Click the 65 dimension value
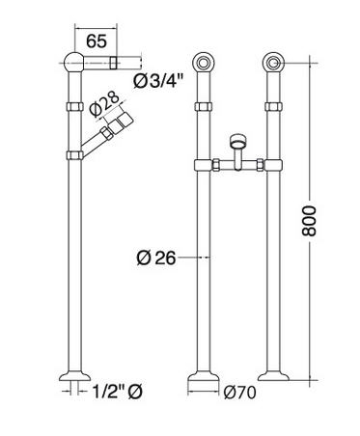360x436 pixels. (x=97, y=41)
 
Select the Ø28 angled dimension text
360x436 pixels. (x=104, y=104)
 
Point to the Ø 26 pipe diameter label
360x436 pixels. (x=156, y=258)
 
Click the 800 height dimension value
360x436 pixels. (x=310, y=221)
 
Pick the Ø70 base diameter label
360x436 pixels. (x=240, y=393)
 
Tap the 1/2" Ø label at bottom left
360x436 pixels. (x=117, y=392)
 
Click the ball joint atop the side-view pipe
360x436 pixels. (x=74, y=62)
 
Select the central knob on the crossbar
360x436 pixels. (x=238, y=141)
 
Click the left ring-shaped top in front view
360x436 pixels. (x=203, y=63)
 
